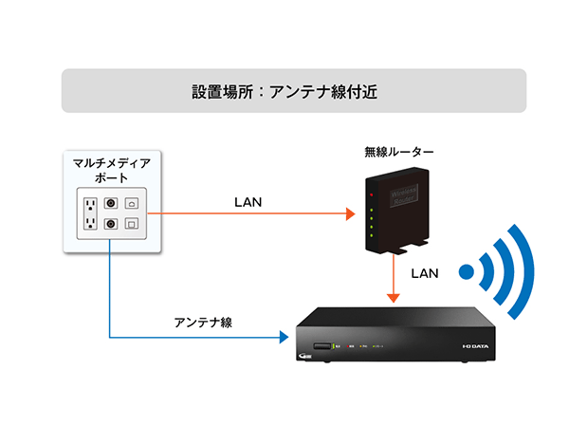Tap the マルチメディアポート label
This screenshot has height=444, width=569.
111,171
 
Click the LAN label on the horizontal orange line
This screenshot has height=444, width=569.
248,202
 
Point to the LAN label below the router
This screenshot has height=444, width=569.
424,272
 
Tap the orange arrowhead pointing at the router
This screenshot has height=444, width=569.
348,214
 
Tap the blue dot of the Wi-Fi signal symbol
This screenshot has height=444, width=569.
466,273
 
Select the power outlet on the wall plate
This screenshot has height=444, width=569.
90,213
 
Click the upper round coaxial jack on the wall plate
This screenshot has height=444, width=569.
111,202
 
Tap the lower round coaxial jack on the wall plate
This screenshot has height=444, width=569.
111,224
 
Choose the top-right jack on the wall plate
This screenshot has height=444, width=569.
132,202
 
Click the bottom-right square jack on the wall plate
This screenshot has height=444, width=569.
132,224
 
